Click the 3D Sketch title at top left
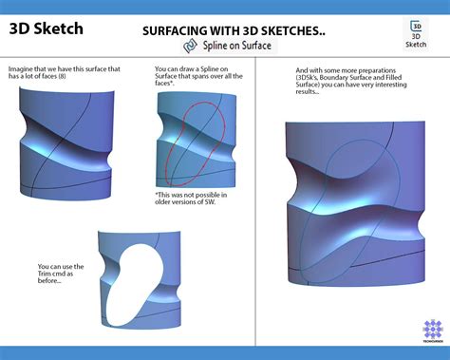click(46, 28)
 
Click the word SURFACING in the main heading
click(176, 30)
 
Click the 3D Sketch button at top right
click(416, 32)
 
